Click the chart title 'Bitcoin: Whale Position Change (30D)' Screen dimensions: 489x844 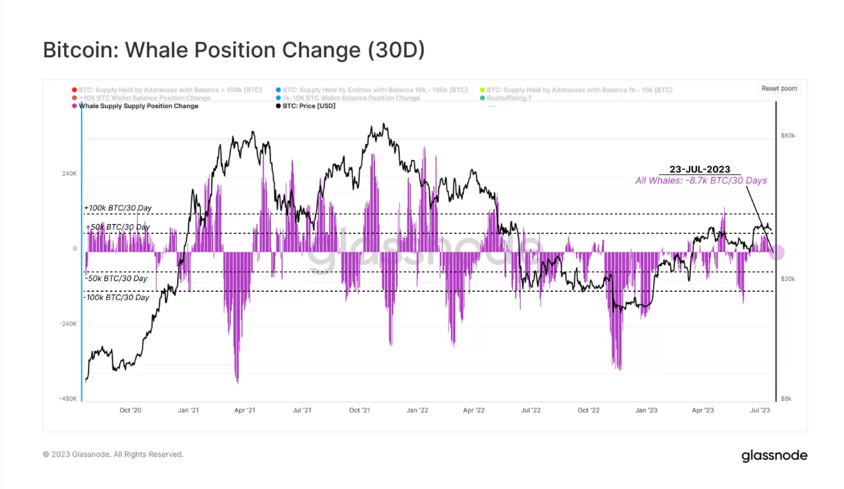(x=234, y=50)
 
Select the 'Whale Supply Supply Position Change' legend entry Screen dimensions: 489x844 (x=139, y=106)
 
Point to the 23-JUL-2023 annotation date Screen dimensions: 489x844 (x=700, y=170)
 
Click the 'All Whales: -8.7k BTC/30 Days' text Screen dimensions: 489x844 (x=701, y=181)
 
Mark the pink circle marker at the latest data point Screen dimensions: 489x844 (x=776, y=252)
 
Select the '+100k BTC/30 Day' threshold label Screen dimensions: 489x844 (x=118, y=208)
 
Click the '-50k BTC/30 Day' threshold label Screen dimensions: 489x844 (x=117, y=279)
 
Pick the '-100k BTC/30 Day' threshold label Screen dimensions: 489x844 (x=117, y=297)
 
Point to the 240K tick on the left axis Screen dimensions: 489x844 (x=70, y=174)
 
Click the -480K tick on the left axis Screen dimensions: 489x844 (x=68, y=399)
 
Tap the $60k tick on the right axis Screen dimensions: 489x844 (x=787, y=136)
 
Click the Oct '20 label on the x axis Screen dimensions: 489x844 (x=130, y=410)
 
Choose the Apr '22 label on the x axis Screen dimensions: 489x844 (x=474, y=410)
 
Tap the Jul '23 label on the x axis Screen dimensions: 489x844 (x=760, y=410)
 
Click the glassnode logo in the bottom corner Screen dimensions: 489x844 (x=774, y=455)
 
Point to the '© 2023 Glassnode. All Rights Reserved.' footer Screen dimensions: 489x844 (x=113, y=455)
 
